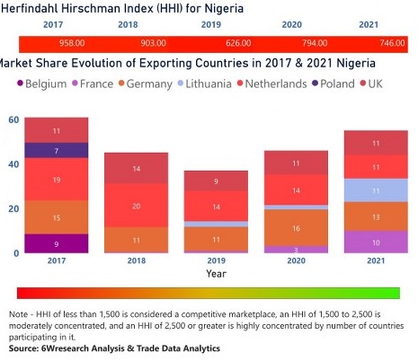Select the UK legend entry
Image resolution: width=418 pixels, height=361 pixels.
(385, 83)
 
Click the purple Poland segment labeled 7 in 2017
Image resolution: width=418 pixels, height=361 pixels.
(56, 150)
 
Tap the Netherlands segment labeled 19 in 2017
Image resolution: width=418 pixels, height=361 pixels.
(56, 180)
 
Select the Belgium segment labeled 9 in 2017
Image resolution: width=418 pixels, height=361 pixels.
(56, 243)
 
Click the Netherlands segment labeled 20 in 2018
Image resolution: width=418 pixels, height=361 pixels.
(136, 206)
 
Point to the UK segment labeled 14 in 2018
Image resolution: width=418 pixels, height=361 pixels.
(136, 168)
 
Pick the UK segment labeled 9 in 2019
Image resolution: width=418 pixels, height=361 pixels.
(216, 181)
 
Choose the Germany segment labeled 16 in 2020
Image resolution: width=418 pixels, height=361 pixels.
(296, 228)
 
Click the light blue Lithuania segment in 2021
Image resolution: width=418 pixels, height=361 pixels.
(376, 190)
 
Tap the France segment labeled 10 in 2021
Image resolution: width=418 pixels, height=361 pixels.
(376, 242)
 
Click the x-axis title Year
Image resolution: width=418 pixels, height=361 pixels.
(216, 273)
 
